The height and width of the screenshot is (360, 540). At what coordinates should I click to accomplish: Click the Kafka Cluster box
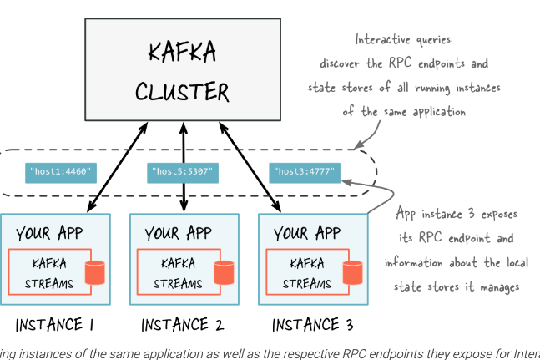(x=181, y=70)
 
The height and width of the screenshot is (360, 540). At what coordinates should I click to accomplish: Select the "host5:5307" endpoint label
(x=182, y=173)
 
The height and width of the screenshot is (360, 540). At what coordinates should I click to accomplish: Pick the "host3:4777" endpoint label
(x=305, y=173)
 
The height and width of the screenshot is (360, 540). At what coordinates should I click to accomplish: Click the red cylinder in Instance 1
(x=96, y=272)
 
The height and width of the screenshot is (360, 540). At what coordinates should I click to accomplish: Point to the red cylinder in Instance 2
(x=224, y=272)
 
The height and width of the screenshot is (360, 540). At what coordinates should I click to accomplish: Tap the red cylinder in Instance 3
(x=353, y=272)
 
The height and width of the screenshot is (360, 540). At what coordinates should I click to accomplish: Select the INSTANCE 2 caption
(x=183, y=324)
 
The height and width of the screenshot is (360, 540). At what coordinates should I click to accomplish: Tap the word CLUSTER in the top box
(x=182, y=89)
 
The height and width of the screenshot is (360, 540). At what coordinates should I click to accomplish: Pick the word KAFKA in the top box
(x=181, y=52)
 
